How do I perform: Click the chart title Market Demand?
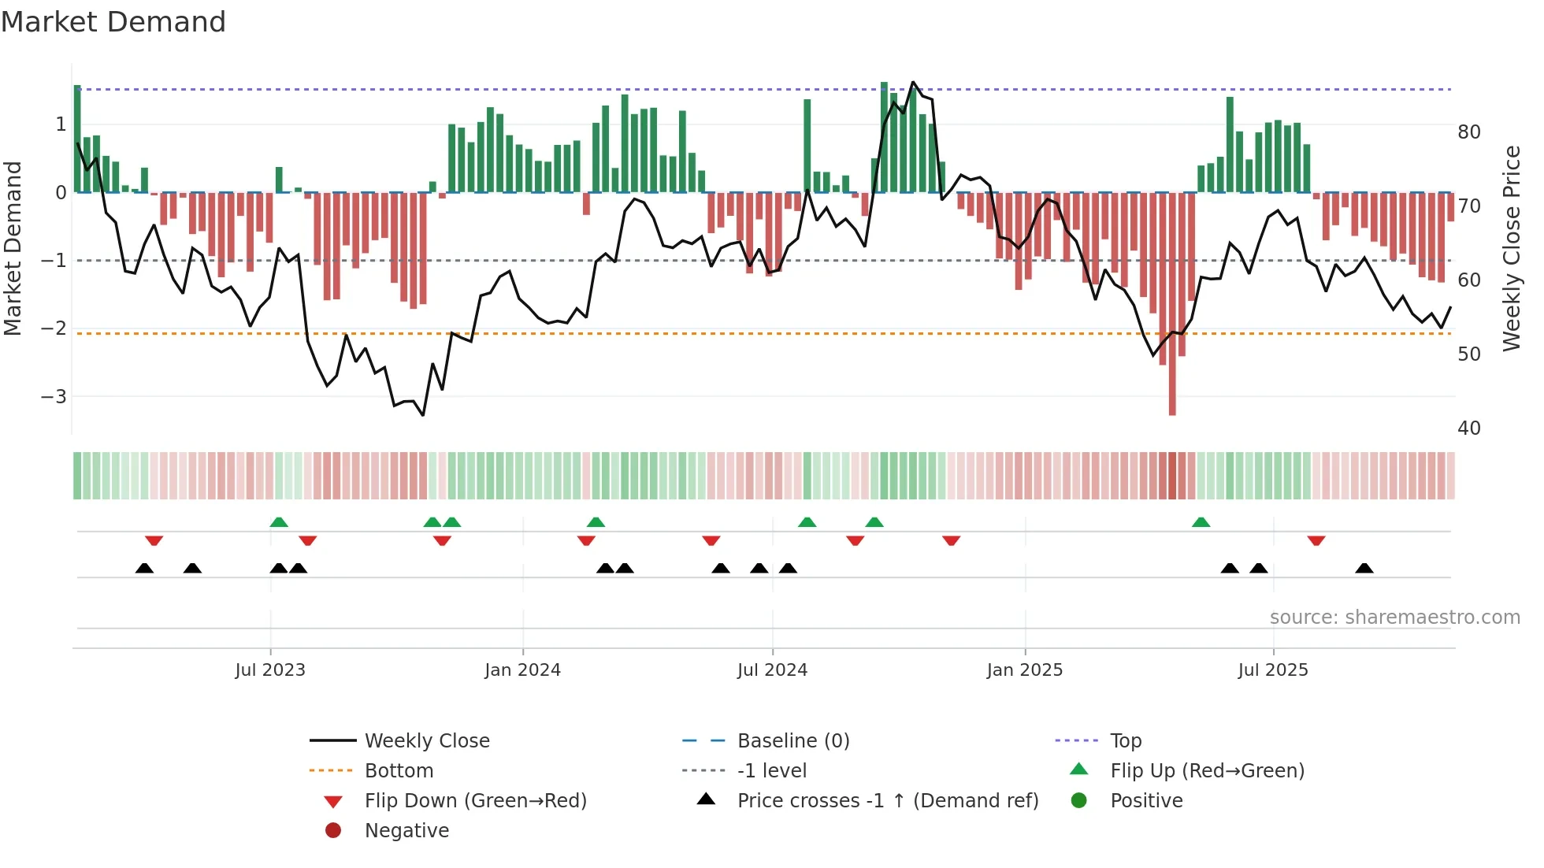coord(113,22)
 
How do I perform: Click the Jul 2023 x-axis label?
coord(269,670)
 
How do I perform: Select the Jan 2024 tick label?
coord(522,670)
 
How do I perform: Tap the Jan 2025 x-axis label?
coord(1024,670)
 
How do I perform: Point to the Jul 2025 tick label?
coord(1272,670)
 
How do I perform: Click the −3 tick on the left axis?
coord(54,396)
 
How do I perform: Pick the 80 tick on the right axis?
coord(1468,132)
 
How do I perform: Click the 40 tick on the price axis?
coord(1468,428)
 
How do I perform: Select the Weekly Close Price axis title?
coord(1511,248)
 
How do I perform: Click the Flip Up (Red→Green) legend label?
coord(1207,771)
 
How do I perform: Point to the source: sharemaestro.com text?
coord(1394,618)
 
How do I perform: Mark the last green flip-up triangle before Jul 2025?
coord(1201,522)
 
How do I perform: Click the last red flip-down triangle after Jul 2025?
coord(1316,540)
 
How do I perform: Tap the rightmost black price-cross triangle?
coord(1364,568)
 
